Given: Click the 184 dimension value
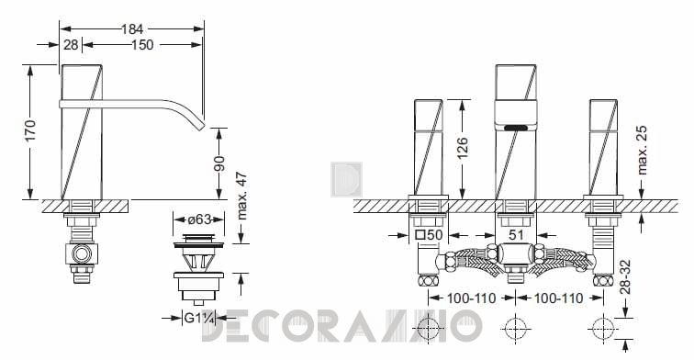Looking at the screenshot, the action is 132,29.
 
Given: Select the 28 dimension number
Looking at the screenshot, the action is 71,45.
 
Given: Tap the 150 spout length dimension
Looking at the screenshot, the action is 142,45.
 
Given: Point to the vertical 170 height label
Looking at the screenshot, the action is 30,130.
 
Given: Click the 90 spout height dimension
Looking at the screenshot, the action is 219,163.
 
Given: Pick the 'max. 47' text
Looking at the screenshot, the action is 242,196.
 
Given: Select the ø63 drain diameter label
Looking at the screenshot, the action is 198,219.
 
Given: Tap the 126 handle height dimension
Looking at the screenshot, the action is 462,148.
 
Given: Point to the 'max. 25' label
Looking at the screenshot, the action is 642,151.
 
